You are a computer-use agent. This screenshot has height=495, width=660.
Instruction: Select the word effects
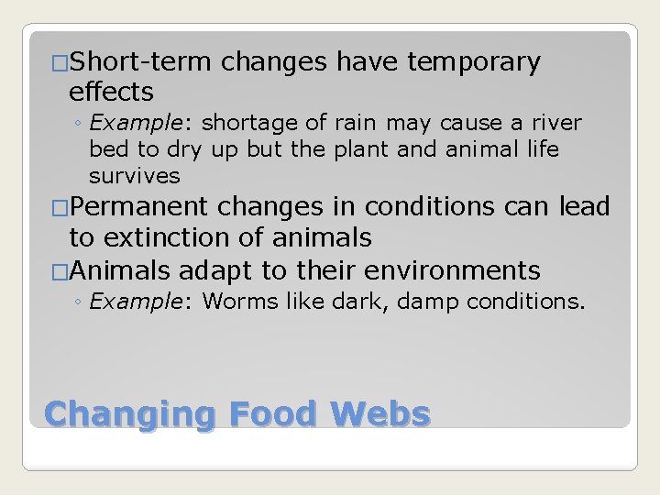(111, 92)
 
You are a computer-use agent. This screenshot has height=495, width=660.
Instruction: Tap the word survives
(135, 175)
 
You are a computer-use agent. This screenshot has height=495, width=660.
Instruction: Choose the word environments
(452, 271)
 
